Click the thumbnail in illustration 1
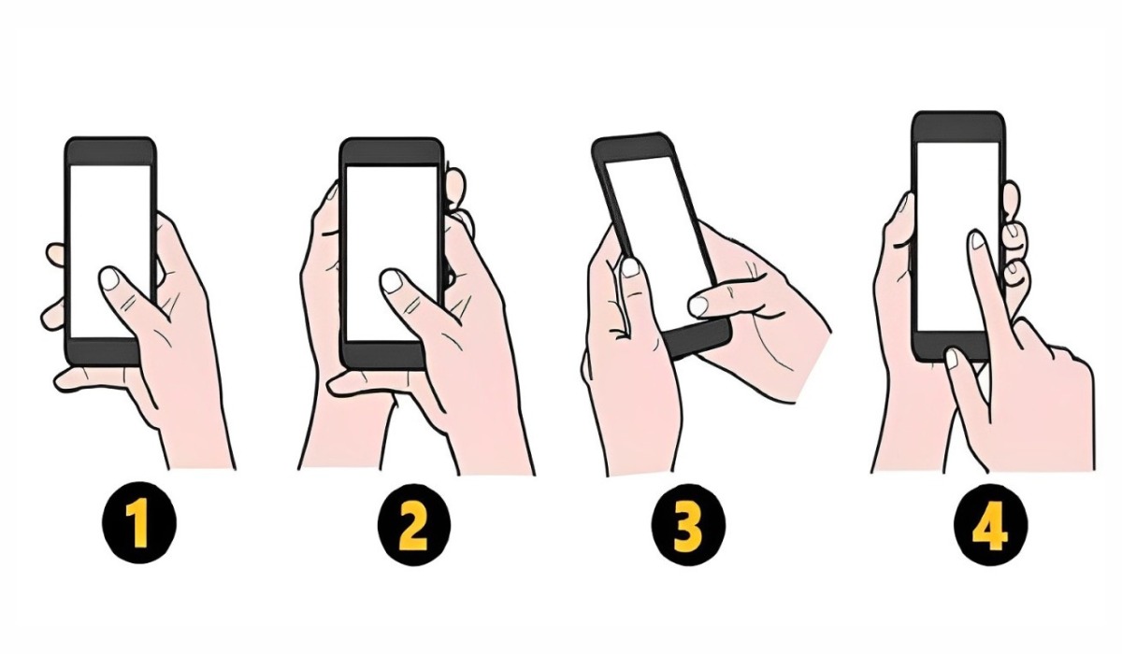(109, 277)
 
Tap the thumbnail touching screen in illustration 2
(392, 280)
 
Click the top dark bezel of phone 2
(391, 150)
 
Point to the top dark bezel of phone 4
(958, 125)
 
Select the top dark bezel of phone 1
(110, 150)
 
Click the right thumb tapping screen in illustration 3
(699, 305)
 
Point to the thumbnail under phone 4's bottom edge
(952, 356)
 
